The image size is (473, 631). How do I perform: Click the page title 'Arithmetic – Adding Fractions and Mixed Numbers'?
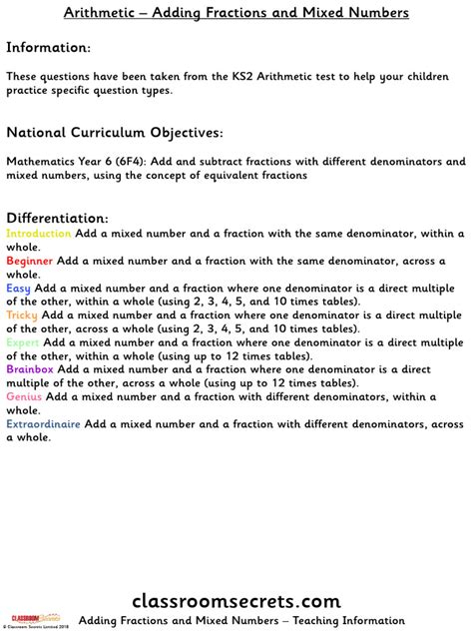(x=236, y=13)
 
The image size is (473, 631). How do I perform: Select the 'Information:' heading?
(x=48, y=47)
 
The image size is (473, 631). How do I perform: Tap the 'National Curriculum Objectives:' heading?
(x=115, y=132)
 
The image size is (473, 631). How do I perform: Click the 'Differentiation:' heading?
(x=57, y=218)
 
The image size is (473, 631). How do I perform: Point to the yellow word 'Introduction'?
(x=39, y=234)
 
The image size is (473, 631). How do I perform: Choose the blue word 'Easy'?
(x=18, y=288)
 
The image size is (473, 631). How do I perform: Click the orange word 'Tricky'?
(x=22, y=315)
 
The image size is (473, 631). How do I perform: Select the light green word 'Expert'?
(x=23, y=341)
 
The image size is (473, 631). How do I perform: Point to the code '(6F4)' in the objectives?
(x=130, y=161)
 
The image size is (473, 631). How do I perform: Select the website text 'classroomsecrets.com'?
(x=236, y=601)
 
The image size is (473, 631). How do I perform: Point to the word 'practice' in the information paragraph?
(x=30, y=90)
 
